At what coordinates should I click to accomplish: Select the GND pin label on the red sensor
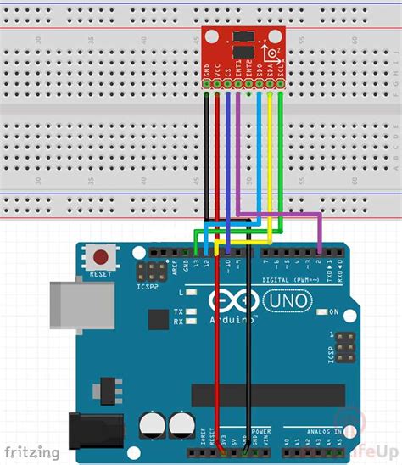point(208,80)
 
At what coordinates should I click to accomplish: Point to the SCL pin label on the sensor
point(280,80)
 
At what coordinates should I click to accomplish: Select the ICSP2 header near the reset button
point(154,272)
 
